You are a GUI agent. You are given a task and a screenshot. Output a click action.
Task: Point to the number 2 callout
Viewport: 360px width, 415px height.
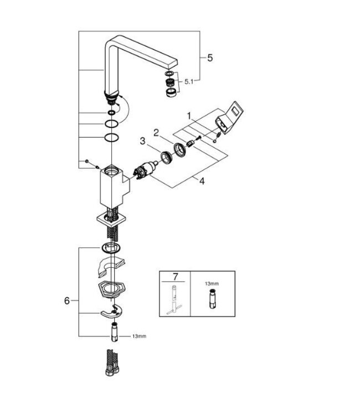point(156,132)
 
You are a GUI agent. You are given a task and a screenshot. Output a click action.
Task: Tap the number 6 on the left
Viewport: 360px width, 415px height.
point(67,300)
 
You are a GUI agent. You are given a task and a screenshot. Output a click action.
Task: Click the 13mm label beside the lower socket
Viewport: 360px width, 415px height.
point(138,336)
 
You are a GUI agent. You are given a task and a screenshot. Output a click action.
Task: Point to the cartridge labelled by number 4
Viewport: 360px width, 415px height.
point(146,168)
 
